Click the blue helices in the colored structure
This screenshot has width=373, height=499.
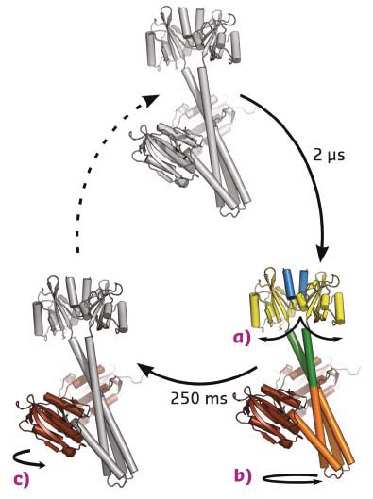[299, 281]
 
